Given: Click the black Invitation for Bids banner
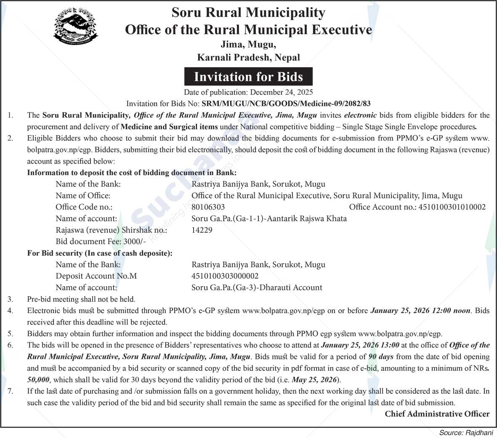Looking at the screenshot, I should pyautogui.click(x=248, y=77).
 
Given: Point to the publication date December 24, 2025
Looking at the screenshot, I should pyautogui.click(x=281, y=92).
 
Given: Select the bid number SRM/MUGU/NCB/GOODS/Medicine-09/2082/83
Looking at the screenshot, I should pyautogui.click(x=286, y=104).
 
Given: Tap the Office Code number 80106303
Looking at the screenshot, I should pyautogui.click(x=208, y=207).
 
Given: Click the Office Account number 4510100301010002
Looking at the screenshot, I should pyautogui.click(x=452, y=207).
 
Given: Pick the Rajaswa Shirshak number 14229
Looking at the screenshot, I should pyautogui.click(x=202, y=230).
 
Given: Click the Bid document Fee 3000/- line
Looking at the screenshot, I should pyautogui.click(x=101, y=242).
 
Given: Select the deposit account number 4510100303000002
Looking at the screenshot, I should pyautogui.click(x=225, y=276).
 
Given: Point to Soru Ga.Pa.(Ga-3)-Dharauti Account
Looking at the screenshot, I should pyautogui.click(x=257, y=288).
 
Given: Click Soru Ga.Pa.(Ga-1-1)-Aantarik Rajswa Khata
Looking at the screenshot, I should pyautogui.click(x=269, y=218).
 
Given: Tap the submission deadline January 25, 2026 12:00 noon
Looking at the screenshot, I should pyautogui.click(x=420, y=311).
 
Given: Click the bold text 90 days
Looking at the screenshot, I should pyautogui.click(x=381, y=357).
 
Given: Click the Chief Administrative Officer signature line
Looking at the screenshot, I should pyautogui.click(x=437, y=414).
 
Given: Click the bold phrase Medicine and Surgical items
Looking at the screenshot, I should pyautogui.click(x=169, y=127).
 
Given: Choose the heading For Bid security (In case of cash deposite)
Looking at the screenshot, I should pyautogui.click(x=100, y=253).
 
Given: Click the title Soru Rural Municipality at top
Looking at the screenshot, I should pyautogui.click(x=248, y=13).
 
